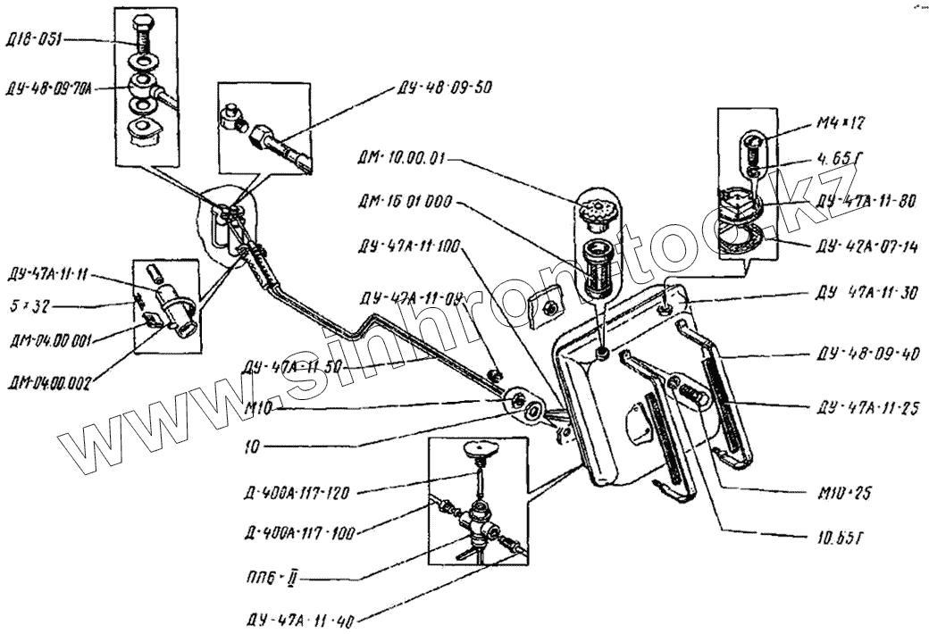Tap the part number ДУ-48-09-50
441,88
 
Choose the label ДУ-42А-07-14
866,246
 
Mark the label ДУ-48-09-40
866,355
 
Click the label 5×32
26,306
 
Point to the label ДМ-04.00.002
50,385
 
